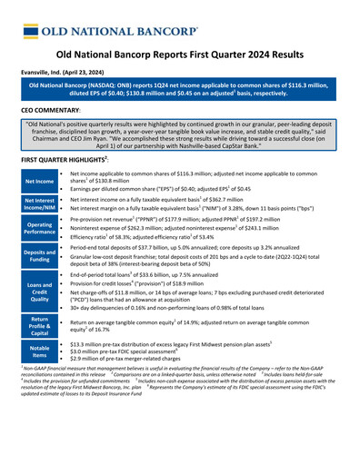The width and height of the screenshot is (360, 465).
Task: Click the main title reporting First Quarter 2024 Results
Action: (x=180, y=54)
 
